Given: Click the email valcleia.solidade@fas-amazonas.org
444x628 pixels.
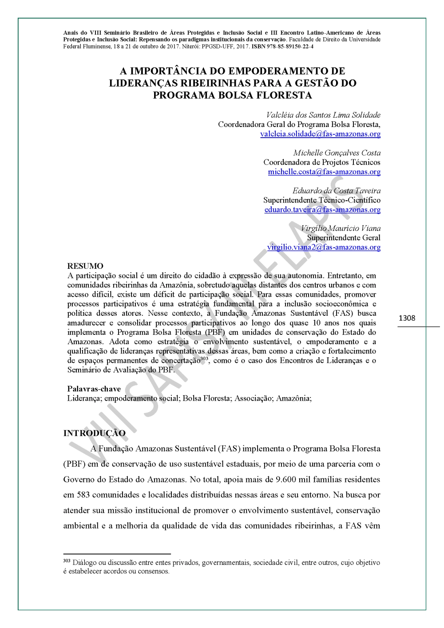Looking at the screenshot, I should (x=320, y=134).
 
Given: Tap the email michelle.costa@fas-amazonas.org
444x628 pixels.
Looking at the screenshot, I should (x=324, y=172).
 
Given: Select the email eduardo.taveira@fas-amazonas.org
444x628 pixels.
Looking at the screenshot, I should (x=322, y=210).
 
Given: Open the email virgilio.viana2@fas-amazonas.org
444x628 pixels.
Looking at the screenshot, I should (x=324, y=247).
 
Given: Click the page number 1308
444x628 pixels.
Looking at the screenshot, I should (x=407, y=318).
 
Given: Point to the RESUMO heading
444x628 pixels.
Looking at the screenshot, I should (x=85, y=266).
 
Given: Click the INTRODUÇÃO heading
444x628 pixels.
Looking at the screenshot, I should (x=94, y=433).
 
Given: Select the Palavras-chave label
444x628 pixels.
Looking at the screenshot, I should (x=94, y=389).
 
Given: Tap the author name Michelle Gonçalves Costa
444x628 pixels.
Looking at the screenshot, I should (x=337, y=153).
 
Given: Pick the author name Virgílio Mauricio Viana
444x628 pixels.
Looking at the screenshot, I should (x=341, y=228).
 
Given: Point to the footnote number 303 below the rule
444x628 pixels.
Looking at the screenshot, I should (x=67, y=561).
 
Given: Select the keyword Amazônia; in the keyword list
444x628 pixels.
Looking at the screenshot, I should (x=293, y=398).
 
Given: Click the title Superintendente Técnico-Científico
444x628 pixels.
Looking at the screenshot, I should (x=321, y=200).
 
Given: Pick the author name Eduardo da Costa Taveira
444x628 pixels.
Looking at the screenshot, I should (x=336, y=191).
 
